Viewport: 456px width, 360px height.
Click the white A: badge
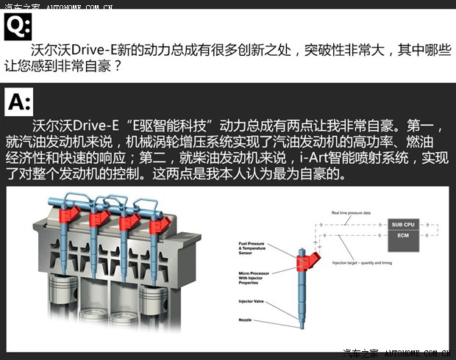(18, 100)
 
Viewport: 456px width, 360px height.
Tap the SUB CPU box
(402, 224)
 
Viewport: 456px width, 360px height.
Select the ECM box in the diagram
(402, 235)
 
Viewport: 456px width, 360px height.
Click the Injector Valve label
(253, 301)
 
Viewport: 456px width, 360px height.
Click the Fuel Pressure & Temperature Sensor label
(254, 249)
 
